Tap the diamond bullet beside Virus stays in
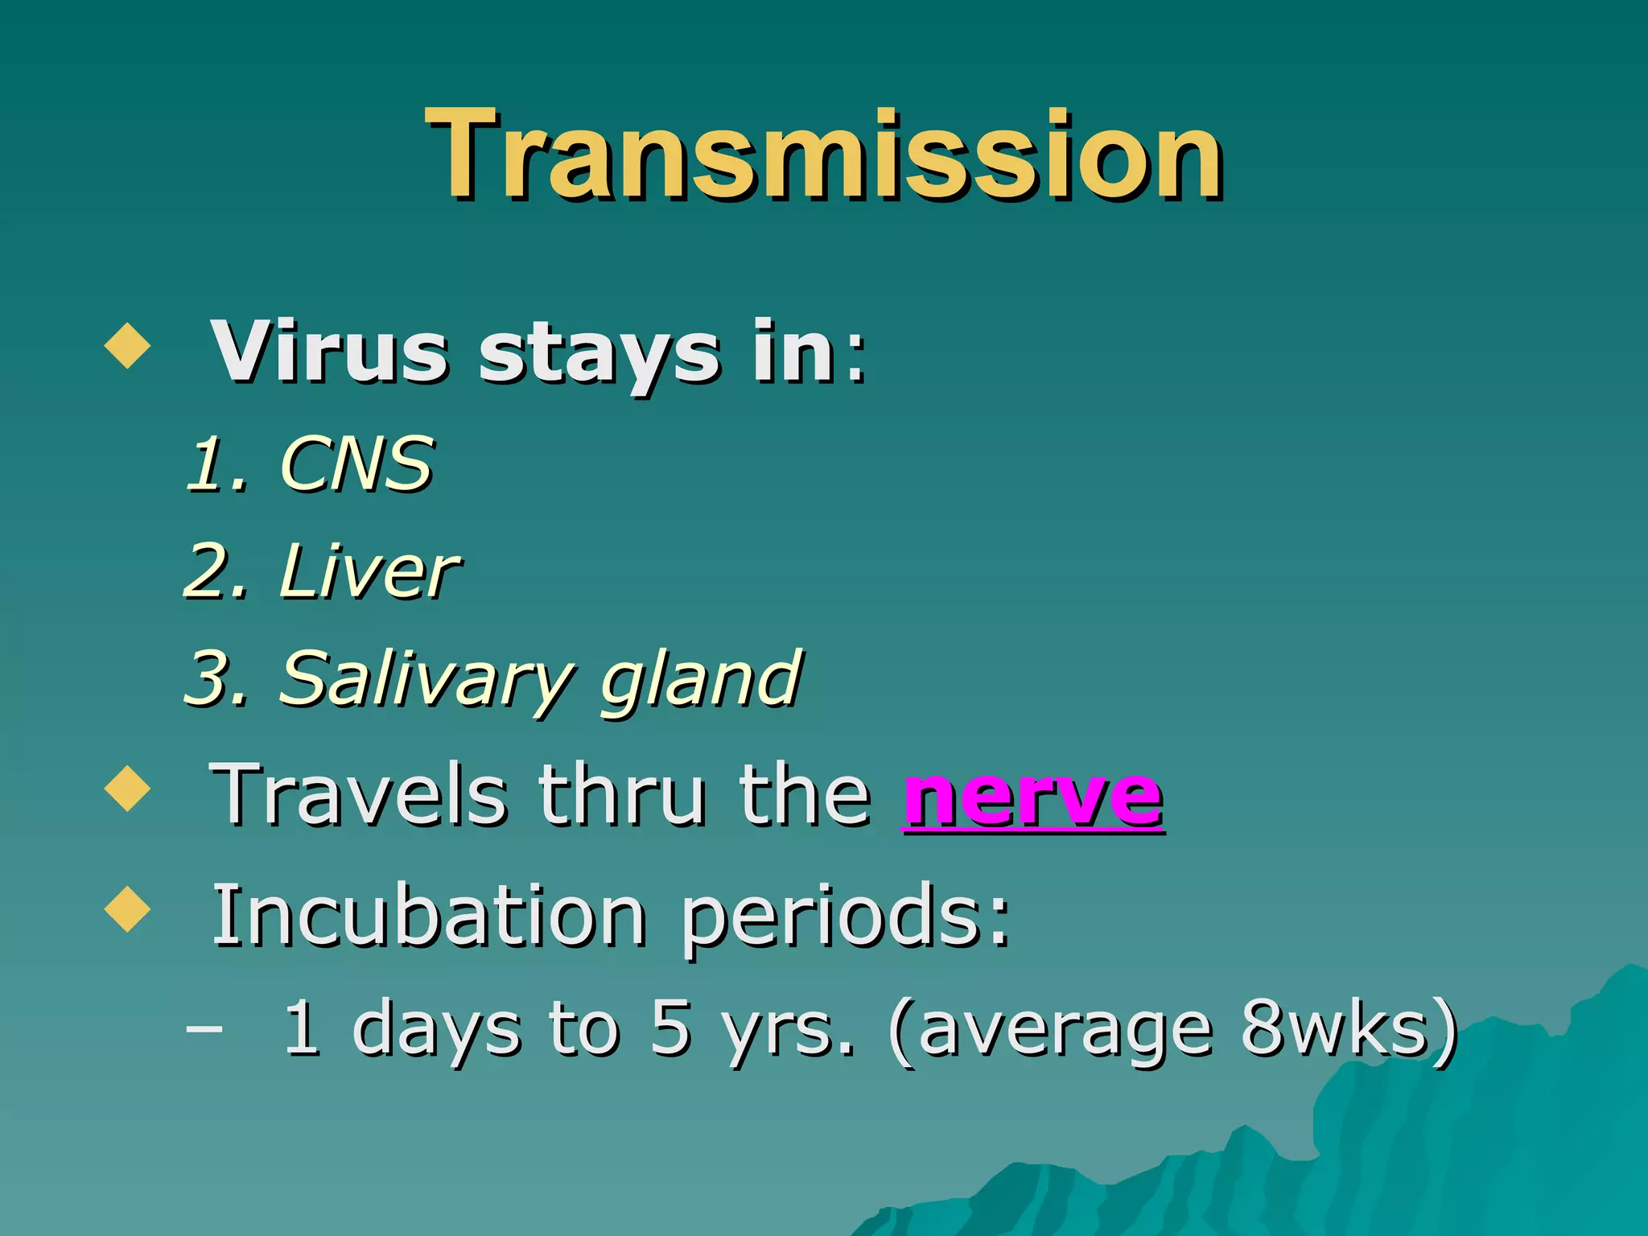pos(127,346)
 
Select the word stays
pos(599,358)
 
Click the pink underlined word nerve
pos(1033,797)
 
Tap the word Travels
pos(358,797)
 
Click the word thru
pos(624,797)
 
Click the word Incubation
pos(428,917)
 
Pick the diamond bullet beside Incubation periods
pos(127,908)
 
